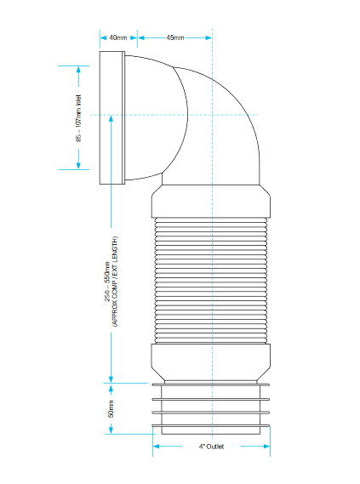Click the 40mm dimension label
click(118, 37)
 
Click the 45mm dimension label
click(175, 37)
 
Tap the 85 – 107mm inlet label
click(79, 118)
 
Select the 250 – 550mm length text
click(107, 282)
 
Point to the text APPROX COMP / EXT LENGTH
click(115, 282)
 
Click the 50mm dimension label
click(111, 409)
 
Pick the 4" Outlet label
click(211, 447)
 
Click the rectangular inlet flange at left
click(112, 118)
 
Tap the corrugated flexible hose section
click(211, 281)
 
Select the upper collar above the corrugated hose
click(211, 202)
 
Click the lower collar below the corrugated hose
click(211, 362)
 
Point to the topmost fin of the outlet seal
click(211, 384)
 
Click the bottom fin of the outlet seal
click(211, 426)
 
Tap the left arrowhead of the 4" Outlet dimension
click(157, 447)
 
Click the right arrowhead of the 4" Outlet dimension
click(266, 447)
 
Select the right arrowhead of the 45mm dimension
click(209, 37)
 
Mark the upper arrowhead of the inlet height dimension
click(78, 70)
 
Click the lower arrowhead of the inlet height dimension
click(78, 166)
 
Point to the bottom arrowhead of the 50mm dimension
click(111, 430)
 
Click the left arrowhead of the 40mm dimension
click(103, 37)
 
